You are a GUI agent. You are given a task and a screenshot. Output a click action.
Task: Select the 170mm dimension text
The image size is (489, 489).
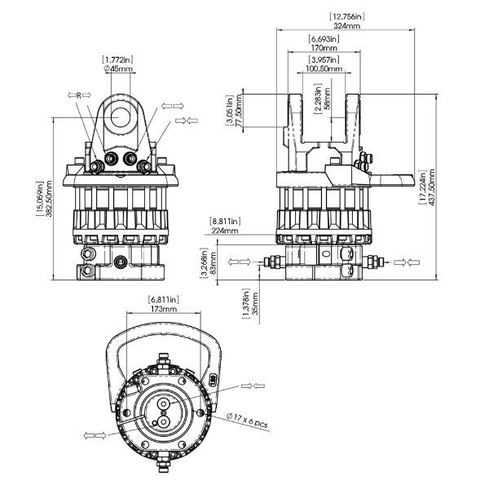pyautogui.click(x=324, y=48)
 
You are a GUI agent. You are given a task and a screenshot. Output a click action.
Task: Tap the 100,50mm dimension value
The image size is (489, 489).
pyautogui.click(x=324, y=69)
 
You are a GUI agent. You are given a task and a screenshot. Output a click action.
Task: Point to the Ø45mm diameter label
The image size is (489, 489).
pyautogui.click(x=119, y=69)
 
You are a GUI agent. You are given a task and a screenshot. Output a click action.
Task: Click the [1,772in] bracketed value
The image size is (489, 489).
pyautogui.click(x=119, y=59)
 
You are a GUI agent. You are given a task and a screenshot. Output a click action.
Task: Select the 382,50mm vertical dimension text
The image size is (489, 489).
pyautogui.click(x=48, y=200)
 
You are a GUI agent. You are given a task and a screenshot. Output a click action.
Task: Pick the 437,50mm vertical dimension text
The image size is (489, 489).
pyautogui.click(x=431, y=188)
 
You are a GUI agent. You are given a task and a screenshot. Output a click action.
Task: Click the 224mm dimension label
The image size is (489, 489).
pyautogui.click(x=225, y=231)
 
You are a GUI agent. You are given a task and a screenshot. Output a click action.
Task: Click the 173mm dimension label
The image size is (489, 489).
pyautogui.click(x=164, y=311)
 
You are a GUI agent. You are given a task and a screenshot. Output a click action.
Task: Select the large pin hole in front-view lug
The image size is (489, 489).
pyautogui.click(x=120, y=116)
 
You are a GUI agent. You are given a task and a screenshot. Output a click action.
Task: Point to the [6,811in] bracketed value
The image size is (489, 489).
pyautogui.click(x=164, y=300)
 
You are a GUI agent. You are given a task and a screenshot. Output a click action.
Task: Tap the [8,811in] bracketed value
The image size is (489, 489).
pyautogui.click(x=225, y=221)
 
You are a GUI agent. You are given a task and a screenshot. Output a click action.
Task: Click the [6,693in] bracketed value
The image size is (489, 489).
pyautogui.click(x=324, y=38)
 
